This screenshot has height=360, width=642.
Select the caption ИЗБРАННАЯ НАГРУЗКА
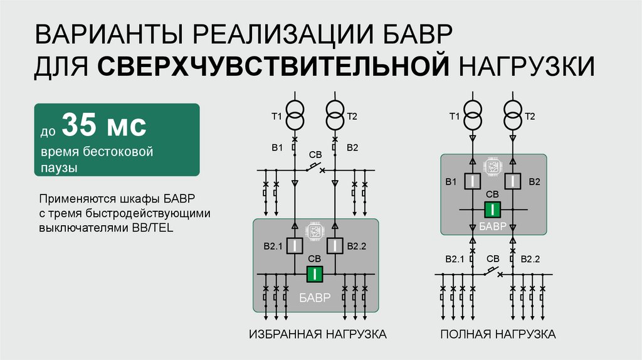[x=317, y=334]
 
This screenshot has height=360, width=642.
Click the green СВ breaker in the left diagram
[x=315, y=274]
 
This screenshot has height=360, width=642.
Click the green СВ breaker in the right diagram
[x=493, y=209]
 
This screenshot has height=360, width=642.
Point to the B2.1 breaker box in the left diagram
[x=295, y=246]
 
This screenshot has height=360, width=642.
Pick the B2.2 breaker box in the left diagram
[x=335, y=246]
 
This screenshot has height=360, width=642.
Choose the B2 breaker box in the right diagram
[x=513, y=182]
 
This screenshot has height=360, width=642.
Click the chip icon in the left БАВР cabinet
[x=315, y=230]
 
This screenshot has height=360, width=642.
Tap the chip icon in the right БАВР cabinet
[x=493, y=166]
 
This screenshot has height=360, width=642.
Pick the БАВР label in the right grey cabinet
[x=493, y=226]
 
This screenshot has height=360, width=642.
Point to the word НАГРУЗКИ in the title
[x=524, y=65]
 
